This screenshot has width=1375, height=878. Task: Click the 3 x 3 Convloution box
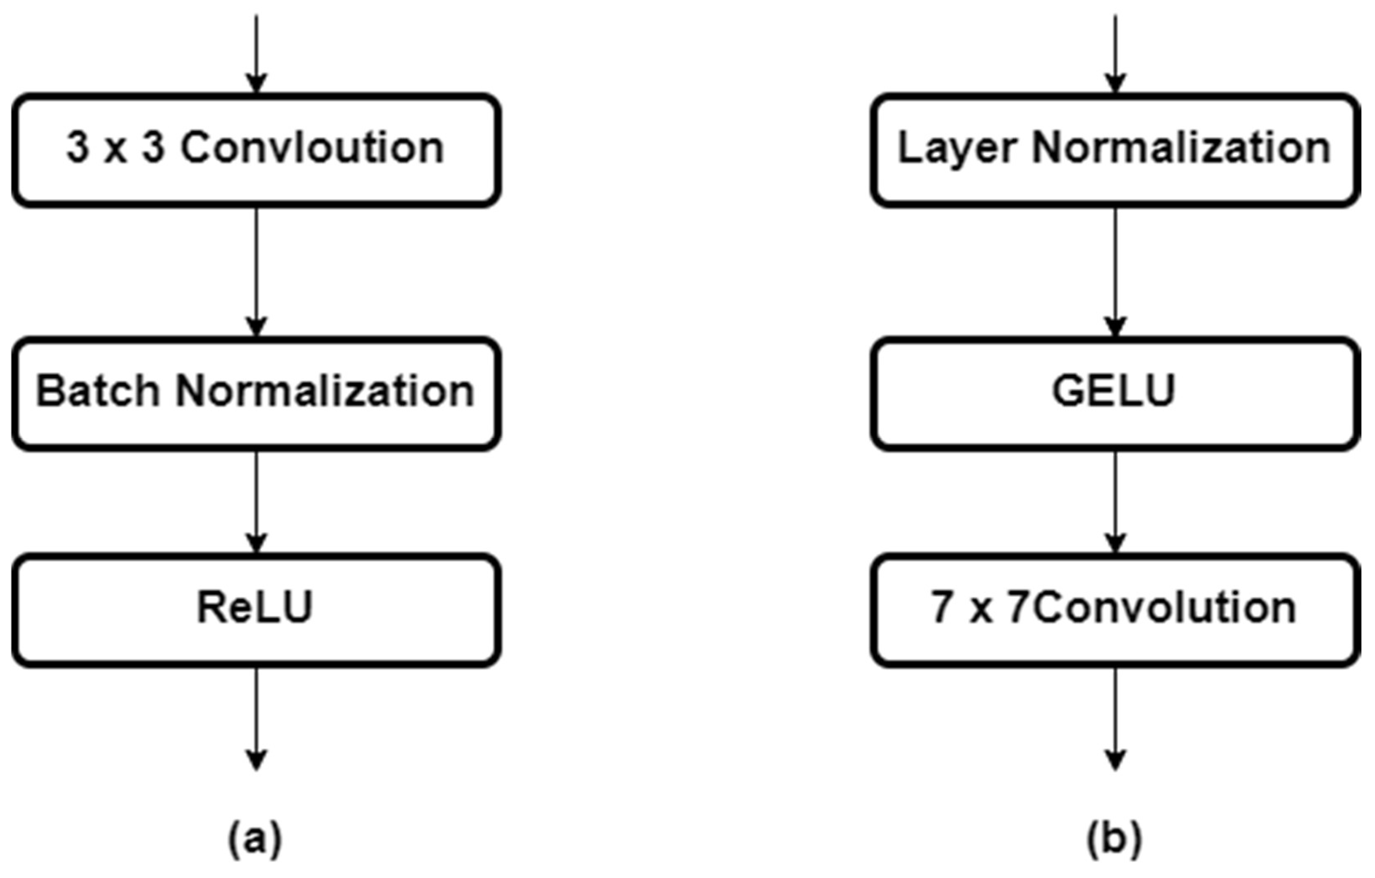click(x=256, y=150)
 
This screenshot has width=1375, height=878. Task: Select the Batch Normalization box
click(x=256, y=393)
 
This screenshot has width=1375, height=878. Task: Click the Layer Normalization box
click(x=1115, y=150)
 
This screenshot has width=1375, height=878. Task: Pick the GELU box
click(x=1115, y=393)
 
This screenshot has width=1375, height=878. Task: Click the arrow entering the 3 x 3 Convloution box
click(x=256, y=54)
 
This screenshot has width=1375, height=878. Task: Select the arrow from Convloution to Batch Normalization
click(x=256, y=271)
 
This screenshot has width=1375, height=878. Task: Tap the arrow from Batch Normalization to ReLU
click(x=256, y=502)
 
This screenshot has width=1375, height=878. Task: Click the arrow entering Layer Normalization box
click(x=1115, y=54)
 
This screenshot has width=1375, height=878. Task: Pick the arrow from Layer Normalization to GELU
click(x=1115, y=271)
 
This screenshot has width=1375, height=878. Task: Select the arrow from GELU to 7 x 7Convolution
click(x=1115, y=502)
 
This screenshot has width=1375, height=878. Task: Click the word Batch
click(x=98, y=392)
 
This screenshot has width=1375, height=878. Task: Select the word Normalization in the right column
click(x=1181, y=149)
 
